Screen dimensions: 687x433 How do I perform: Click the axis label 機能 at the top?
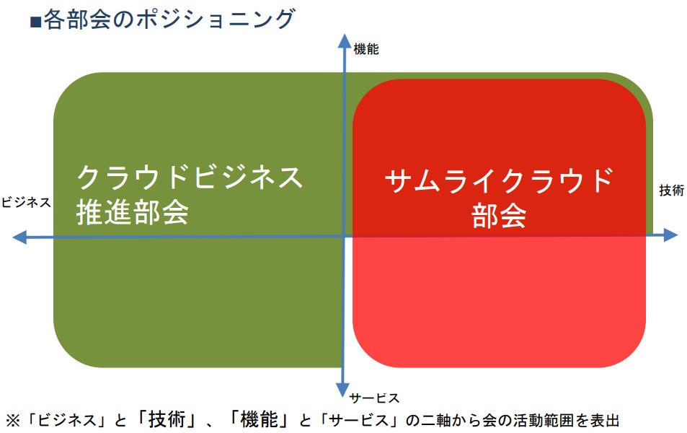(365, 49)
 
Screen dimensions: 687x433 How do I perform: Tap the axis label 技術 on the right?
(672, 191)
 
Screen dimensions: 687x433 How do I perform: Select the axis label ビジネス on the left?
(26, 203)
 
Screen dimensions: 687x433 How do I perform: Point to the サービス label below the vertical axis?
(375, 398)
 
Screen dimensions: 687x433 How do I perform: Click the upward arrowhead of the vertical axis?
(345, 40)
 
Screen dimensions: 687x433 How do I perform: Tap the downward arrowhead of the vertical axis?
(342, 390)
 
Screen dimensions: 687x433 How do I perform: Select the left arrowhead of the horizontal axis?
(19, 237)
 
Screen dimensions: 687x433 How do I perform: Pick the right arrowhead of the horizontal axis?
(671, 235)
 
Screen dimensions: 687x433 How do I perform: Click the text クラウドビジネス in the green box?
(190, 178)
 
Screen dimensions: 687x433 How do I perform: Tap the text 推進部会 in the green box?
(133, 212)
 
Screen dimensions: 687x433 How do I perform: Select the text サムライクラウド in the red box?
(499, 180)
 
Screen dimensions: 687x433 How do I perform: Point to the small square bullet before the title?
(35, 22)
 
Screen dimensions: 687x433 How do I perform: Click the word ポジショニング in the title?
(216, 19)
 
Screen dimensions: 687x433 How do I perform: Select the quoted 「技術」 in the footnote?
(167, 419)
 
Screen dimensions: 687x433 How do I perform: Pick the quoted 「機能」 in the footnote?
(259, 419)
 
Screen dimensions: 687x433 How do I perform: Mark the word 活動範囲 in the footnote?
(544, 421)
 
